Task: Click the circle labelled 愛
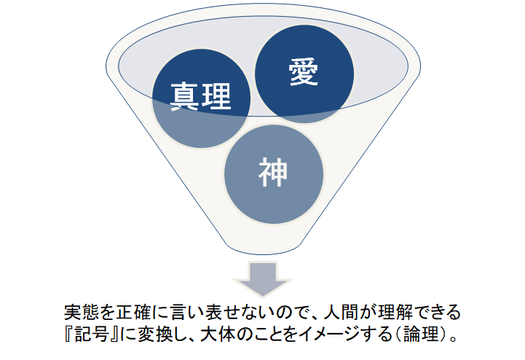[304, 74]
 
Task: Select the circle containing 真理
[201, 98]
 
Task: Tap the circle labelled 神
[274, 174]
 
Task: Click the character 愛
[304, 71]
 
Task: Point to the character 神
[273, 172]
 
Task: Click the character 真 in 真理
[184, 96]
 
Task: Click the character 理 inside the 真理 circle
[217, 96]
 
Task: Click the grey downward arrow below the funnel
[263, 279]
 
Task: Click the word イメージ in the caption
[329, 334]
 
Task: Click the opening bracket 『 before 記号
[70, 334]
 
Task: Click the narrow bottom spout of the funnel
[264, 247]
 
